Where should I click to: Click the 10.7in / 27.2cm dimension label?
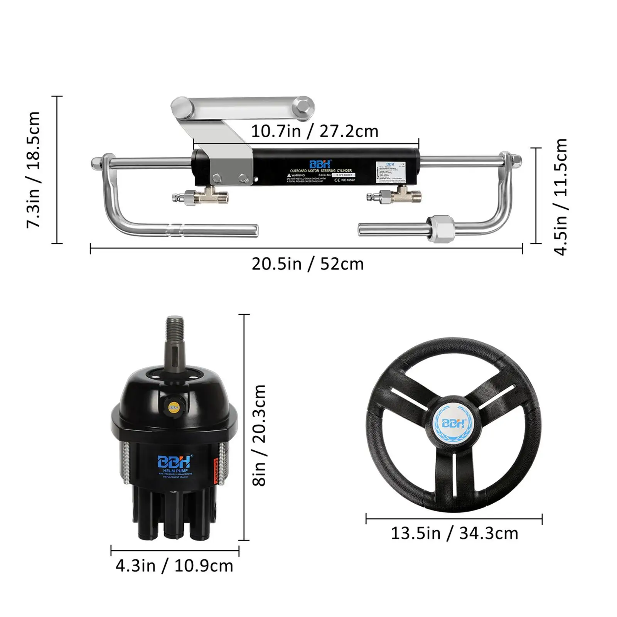click(x=314, y=131)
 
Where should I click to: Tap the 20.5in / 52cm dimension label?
click(x=308, y=265)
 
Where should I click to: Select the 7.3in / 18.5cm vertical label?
click(x=34, y=170)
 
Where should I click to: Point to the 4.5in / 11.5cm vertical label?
click(x=561, y=197)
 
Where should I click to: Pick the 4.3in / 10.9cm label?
click(x=174, y=566)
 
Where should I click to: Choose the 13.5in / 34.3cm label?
click(x=454, y=534)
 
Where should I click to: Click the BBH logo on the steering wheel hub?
click(x=453, y=423)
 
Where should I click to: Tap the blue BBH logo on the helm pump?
click(x=174, y=461)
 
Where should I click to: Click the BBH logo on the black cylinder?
click(x=320, y=164)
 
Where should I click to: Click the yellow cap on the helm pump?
click(x=174, y=407)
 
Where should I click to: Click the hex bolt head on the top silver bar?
click(x=302, y=106)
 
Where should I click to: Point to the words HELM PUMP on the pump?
click(x=175, y=471)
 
